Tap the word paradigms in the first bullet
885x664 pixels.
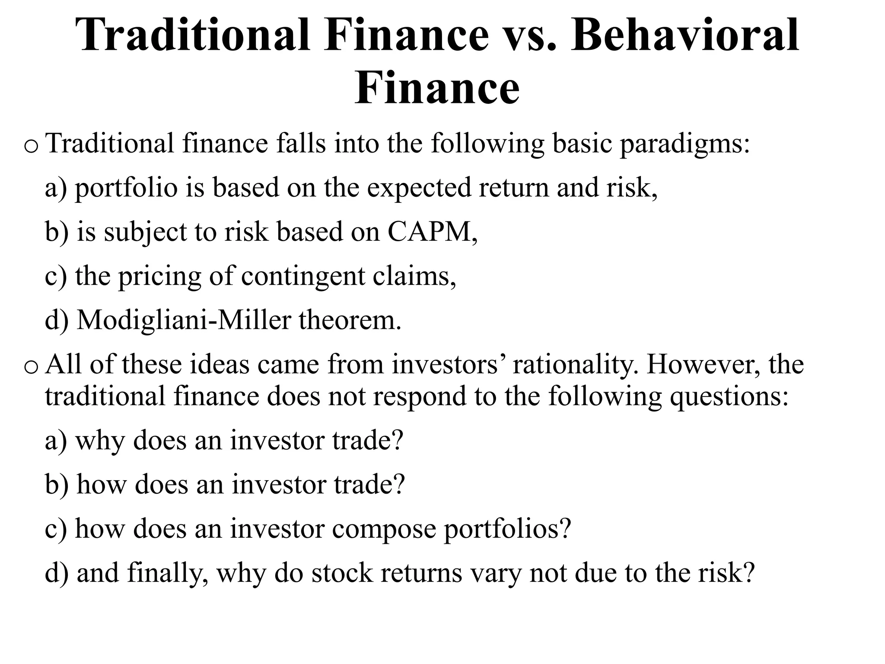pyautogui.click(x=685, y=144)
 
